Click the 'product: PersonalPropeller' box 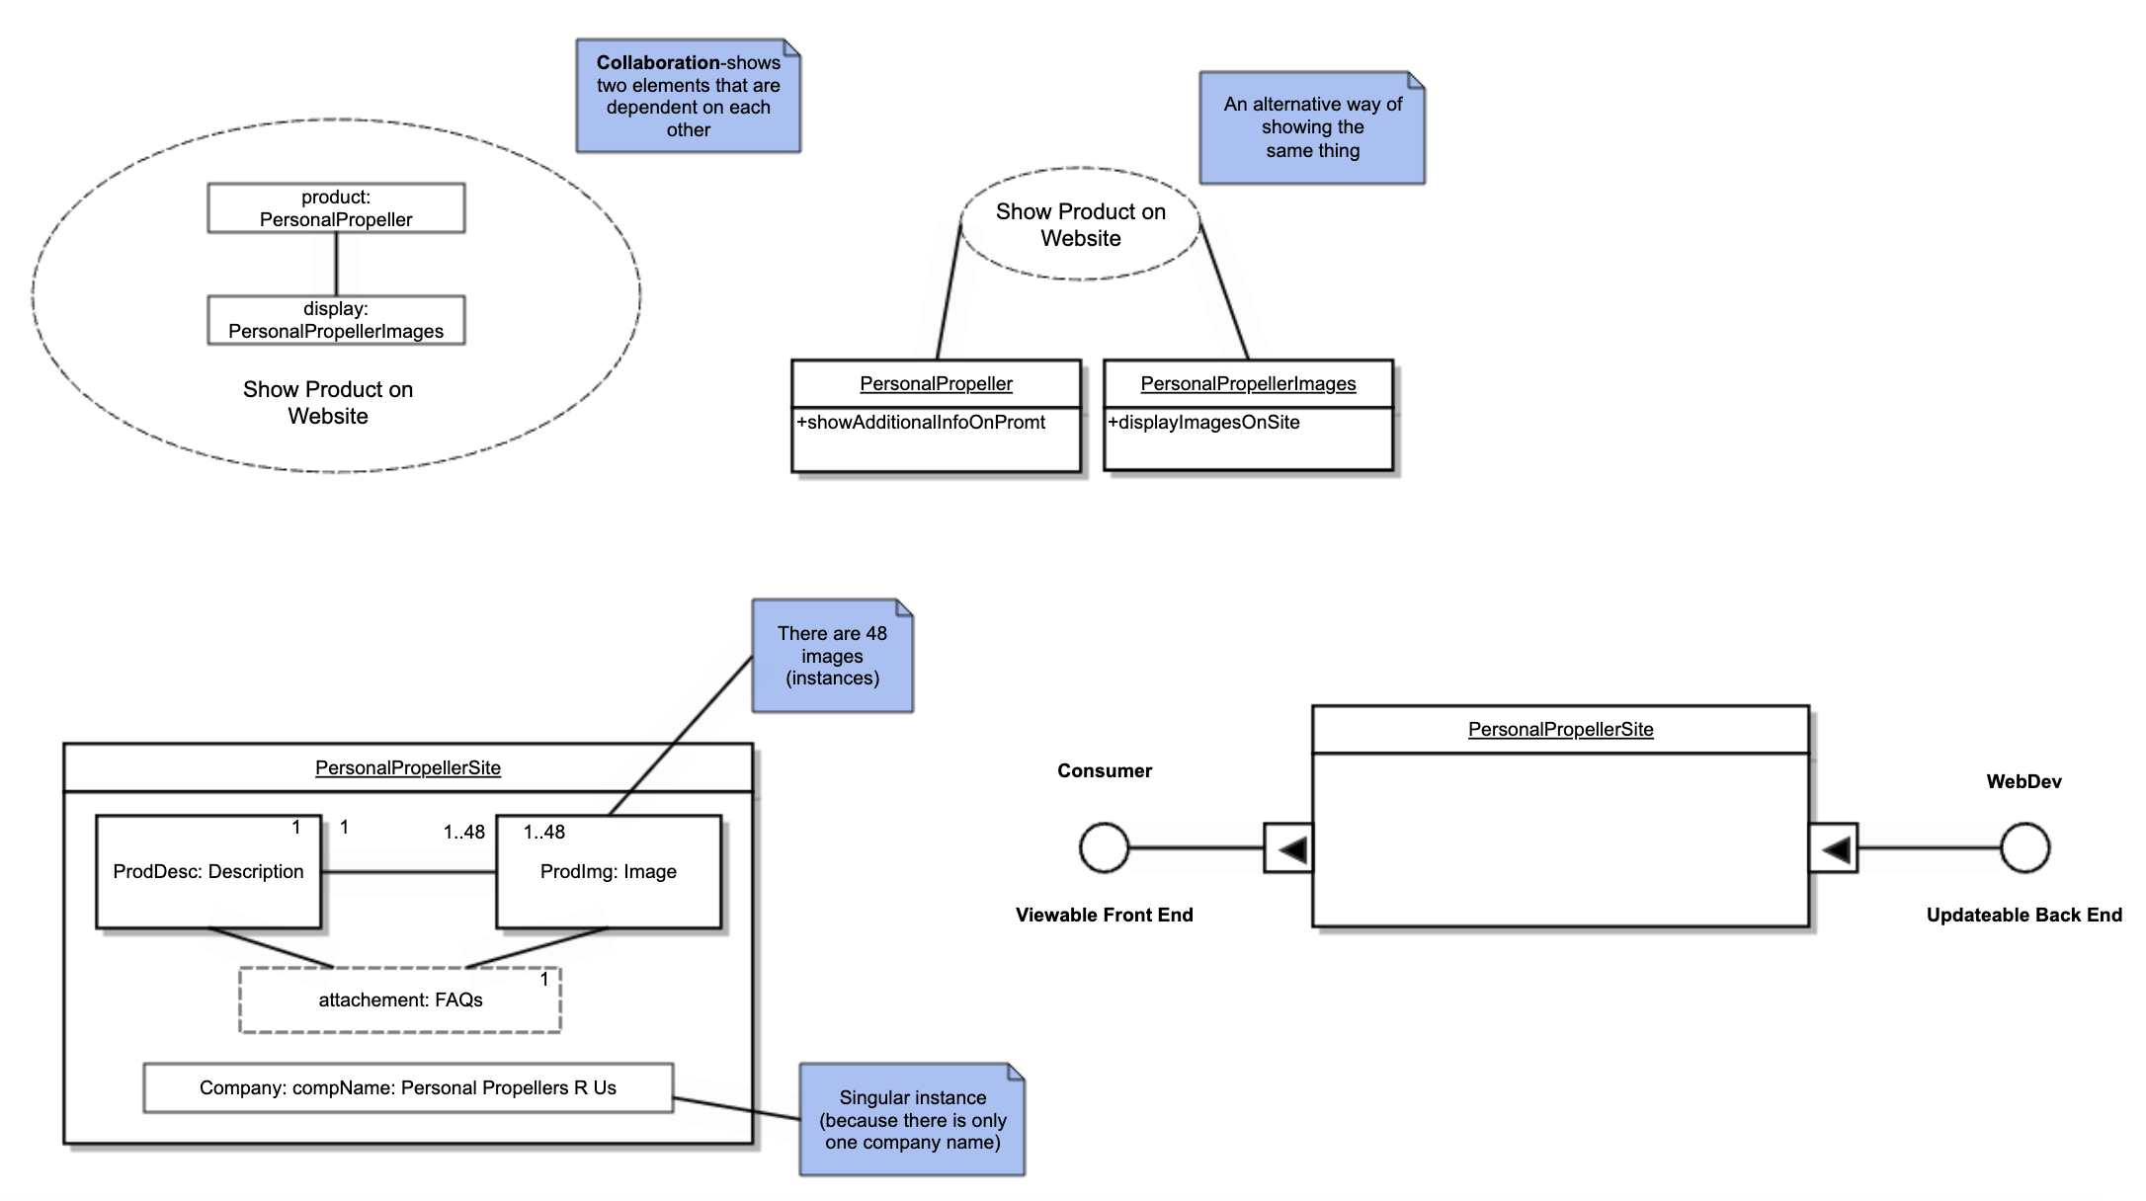pyautogui.click(x=336, y=208)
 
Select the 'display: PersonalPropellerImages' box pyautogui.click(x=336, y=320)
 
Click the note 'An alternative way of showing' pyautogui.click(x=1311, y=127)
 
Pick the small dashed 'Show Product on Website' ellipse pyautogui.click(x=1080, y=225)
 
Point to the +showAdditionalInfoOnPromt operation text pyautogui.click(x=921, y=423)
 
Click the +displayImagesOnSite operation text pyautogui.click(x=1203, y=423)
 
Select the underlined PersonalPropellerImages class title pyautogui.click(x=1248, y=384)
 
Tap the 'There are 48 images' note pyautogui.click(x=832, y=656)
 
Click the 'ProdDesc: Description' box pyautogui.click(x=208, y=871)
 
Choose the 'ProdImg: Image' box pyautogui.click(x=609, y=871)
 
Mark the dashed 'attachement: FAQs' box pyautogui.click(x=400, y=1001)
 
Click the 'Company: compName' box pyautogui.click(x=407, y=1087)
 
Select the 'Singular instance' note pyautogui.click(x=912, y=1120)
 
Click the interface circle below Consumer pyautogui.click(x=1104, y=848)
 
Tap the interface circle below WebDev pyautogui.click(x=2024, y=848)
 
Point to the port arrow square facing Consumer pyautogui.click(x=1288, y=848)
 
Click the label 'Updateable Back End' pyautogui.click(x=2023, y=916)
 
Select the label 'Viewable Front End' pyautogui.click(x=1104, y=916)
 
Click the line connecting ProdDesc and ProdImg pyautogui.click(x=408, y=872)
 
